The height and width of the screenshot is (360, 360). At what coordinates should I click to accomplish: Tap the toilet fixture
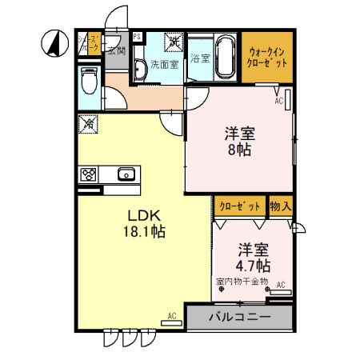(x=88, y=81)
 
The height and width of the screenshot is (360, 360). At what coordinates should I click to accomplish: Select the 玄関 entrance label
(x=116, y=52)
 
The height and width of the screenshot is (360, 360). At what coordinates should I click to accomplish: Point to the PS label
(x=137, y=36)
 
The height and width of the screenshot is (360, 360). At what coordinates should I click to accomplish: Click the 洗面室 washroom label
(x=163, y=66)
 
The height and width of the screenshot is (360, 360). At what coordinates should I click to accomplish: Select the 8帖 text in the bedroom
(x=237, y=149)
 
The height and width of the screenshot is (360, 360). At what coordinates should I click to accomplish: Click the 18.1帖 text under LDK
(x=146, y=231)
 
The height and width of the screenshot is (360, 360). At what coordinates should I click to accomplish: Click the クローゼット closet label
(x=241, y=206)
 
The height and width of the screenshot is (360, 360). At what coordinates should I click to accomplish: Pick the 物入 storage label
(x=281, y=206)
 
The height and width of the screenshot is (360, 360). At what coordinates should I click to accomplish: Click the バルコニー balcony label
(x=240, y=317)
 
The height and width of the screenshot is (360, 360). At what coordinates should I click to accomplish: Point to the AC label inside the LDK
(x=172, y=315)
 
